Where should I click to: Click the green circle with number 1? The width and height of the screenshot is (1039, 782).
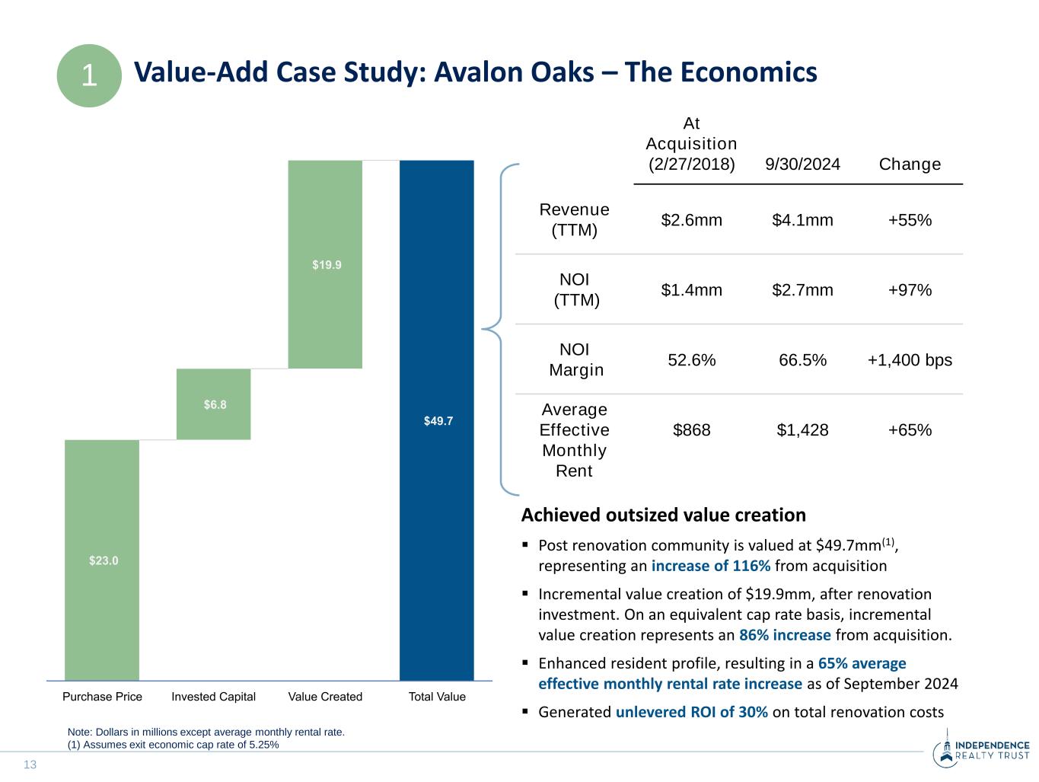coord(89,75)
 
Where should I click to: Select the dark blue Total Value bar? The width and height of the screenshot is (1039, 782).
coord(437,420)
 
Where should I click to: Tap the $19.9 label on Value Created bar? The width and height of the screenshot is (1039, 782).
coord(327,265)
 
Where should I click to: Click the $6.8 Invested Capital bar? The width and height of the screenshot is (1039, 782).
coord(214,404)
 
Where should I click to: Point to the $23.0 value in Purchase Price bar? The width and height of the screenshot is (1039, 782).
coord(104,560)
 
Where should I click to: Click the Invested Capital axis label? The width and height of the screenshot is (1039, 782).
coord(214,697)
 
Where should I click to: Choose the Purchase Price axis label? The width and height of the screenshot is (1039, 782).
coord(102,697)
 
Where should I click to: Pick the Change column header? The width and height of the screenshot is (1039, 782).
coord(910,164)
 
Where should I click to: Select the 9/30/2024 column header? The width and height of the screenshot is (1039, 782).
coord(802,164)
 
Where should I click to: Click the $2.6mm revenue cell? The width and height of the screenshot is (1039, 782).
coord(691,220)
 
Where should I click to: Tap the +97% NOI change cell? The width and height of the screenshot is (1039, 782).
coord(910,290)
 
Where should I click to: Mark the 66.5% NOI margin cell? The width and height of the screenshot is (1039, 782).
coord(802,360)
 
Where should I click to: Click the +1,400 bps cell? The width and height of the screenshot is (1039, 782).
coord(910,360)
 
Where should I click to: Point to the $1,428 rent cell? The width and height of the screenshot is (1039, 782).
coord(802,430)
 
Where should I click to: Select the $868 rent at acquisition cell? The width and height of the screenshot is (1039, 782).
coord(691,430)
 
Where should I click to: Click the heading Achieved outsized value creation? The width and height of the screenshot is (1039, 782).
coord(663,515)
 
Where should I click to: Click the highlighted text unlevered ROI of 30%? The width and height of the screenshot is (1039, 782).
coord(691,712)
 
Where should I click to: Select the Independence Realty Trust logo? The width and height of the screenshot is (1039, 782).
coord(980,750)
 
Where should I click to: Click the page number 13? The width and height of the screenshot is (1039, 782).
coord(30,764)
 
